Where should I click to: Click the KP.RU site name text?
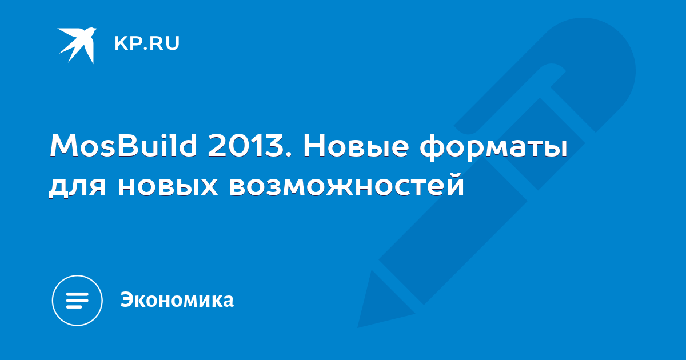click(147, 43)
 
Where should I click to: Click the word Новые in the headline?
click(356, 146)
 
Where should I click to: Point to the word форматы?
click(493, 149)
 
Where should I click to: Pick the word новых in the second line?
click(167, 186)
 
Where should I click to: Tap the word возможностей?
click(346, 183)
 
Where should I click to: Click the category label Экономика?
click(177, 299)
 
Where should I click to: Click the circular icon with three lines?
click(77, 301)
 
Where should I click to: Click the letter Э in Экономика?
click(127, 299)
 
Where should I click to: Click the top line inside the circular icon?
click(77, 294)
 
